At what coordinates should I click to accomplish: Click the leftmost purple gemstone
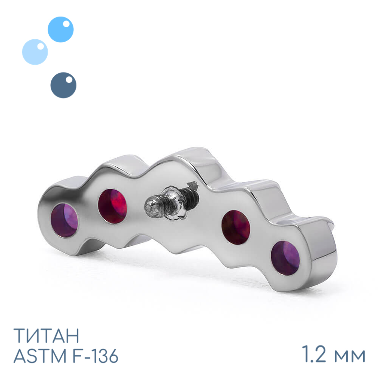pyautogui.click(x=64, y=220)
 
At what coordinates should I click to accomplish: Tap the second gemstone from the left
pyautogui.click(x=112, y=206)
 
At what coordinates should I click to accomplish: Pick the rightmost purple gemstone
pyautogui.click(x=285, y=258)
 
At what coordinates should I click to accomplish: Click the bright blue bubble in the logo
pyautogui.click(x=60, y=29)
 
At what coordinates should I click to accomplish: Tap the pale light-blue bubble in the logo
pyautogui.click(x=35, y=52)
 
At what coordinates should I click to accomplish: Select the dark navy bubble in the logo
pyautogui.click(x=64, y=85)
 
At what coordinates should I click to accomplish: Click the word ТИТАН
pyautogui.click(x=46, y=335)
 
